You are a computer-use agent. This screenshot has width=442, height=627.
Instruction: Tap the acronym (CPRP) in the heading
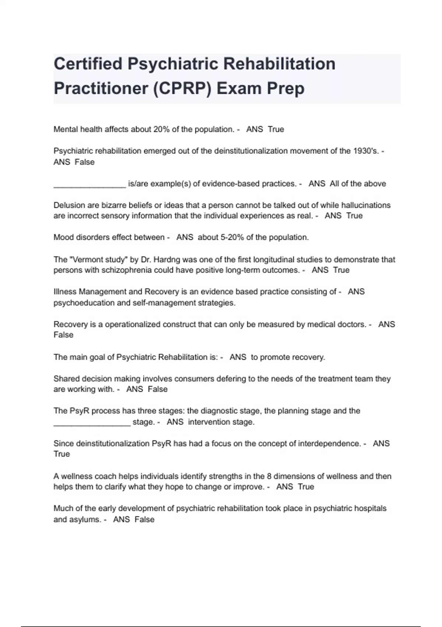click(182, 89)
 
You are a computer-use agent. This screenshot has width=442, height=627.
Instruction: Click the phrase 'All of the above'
click(358, 184)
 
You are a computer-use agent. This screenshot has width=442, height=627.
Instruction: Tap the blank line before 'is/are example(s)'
click(90, 186)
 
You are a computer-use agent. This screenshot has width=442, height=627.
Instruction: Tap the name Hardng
click(161, 260)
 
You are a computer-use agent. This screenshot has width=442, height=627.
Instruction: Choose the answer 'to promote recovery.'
click(288, 357)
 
